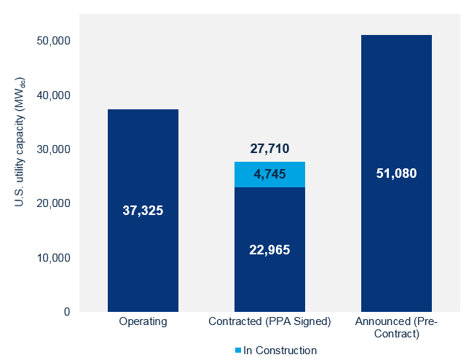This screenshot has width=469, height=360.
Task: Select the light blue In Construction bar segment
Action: pos(269,174)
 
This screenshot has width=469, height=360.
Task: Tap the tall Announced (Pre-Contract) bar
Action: pos(396,240)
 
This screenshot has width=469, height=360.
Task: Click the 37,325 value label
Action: pos(143,211)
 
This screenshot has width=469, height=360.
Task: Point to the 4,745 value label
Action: pos(269,174)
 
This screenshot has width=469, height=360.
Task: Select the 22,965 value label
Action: pos(269,250)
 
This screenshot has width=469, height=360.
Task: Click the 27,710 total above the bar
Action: pos(269,149)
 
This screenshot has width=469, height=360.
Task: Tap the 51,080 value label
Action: pos(396,173)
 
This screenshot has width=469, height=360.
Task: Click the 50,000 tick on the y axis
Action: pos(52,41)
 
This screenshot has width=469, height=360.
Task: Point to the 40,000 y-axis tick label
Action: pos(52,95)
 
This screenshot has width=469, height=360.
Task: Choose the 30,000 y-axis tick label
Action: pos(52,149)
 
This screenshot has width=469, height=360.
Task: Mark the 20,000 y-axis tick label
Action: pos(52,203)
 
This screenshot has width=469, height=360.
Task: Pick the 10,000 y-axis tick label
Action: pos(52,258)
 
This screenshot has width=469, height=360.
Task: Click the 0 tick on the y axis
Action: pos(66,312)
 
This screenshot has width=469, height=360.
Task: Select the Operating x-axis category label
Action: pos(143,321)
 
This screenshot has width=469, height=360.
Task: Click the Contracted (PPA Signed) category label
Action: pos(269,321)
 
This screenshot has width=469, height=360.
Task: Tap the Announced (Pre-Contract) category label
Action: pos(396,327)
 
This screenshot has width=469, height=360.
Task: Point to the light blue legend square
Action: pos(239,351)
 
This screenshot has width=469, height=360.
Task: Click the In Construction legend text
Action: pos(280,351)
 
